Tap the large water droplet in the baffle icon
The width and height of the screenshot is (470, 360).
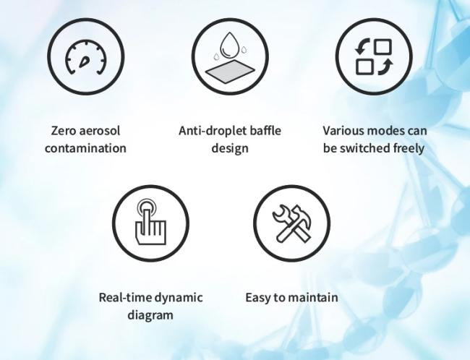tap(230, 45)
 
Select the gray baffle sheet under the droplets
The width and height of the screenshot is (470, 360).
tap(230, 71)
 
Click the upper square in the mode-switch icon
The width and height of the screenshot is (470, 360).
tap(383, 46)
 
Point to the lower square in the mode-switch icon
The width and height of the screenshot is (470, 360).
tap(364, 67)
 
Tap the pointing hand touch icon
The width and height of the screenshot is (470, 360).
tap(150, 223)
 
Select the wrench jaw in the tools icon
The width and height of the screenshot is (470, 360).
tap(279, 213)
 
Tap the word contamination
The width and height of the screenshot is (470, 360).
tap(85, 148)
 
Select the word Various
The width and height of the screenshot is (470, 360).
tap(343, 131)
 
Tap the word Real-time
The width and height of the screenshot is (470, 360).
tap(125, 297)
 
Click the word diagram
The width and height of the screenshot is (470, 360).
tap(150, 315)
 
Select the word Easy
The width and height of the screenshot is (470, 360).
tap(257, 298)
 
